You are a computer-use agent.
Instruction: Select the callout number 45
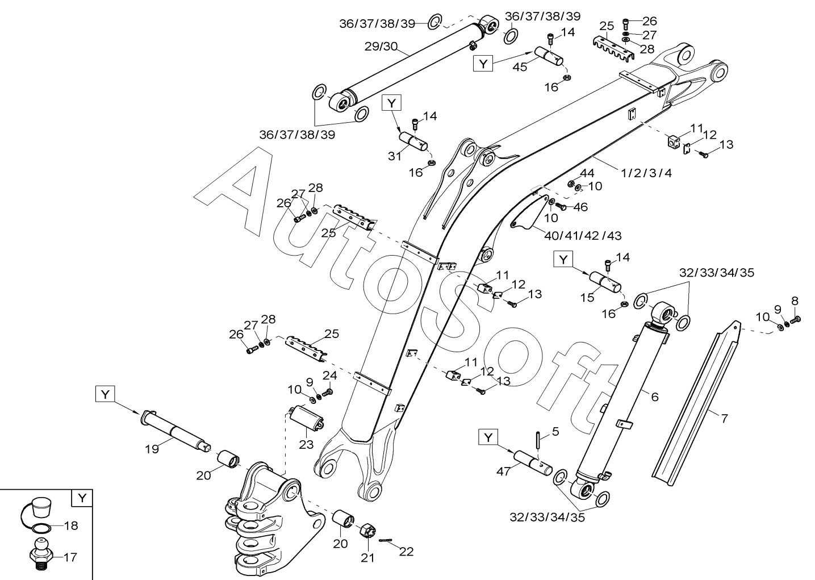(520, 66)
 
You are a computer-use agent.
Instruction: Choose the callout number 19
(151, 449)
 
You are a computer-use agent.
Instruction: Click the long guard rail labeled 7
(696, 398)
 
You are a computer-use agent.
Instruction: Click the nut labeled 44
(571, 183)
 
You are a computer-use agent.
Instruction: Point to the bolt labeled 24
(327, 392)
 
